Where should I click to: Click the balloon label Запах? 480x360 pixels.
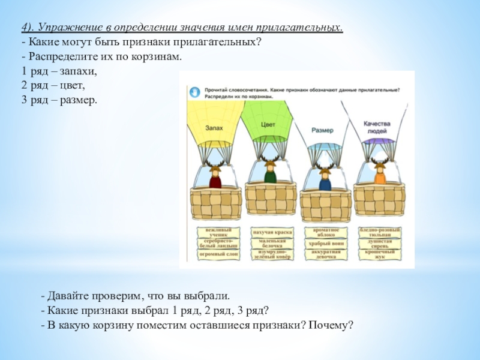[x=214, y=128]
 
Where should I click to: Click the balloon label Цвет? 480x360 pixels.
[x=268, y=124]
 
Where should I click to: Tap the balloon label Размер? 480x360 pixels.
[x=323, y=130]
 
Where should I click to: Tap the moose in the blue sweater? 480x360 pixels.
[x=325, y=178]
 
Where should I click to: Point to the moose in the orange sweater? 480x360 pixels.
[x=379, y=174]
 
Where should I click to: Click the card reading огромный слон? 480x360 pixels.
[x=218, y=254]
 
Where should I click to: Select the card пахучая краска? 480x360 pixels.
[x=272, y=230]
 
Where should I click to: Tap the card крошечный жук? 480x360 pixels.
[x=380, y=255]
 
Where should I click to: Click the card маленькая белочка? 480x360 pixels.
[x=272, y=243]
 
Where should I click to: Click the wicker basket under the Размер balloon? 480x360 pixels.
[x=325, y=204]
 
